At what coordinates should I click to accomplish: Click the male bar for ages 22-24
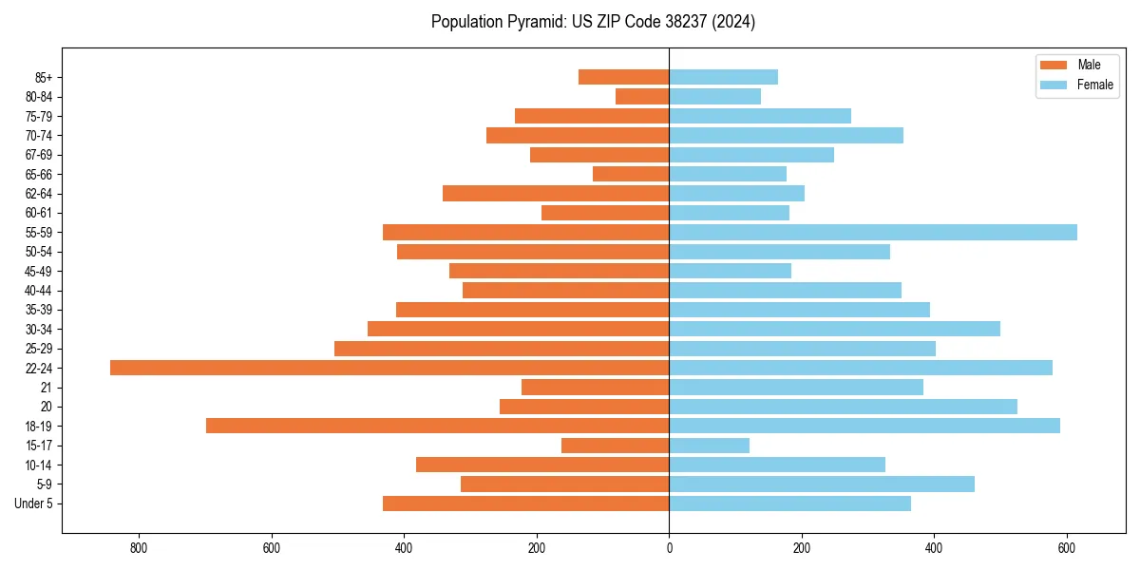(x=389, y=368)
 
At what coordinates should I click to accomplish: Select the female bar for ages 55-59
(x=873, y=232)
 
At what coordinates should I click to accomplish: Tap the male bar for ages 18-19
(x=437, y=426)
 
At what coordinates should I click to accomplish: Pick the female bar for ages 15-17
(x=709, y=446)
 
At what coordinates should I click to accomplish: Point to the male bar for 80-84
(x=642, y=96)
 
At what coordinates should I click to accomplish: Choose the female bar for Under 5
(x=789, y=503)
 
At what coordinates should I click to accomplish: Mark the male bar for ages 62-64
(x=556, y=193)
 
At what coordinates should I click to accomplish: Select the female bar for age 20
(x=843, y=407)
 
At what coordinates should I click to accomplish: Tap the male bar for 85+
(x=623, y=77)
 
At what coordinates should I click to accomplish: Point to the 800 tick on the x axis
(x=140, y=548)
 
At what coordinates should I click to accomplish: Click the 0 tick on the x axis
(x=669, y=548)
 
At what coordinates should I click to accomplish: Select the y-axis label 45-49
(x=38, y=271)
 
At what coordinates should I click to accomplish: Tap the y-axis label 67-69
(x=38, y=155)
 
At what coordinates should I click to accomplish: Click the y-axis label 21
(x=46, y=388)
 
